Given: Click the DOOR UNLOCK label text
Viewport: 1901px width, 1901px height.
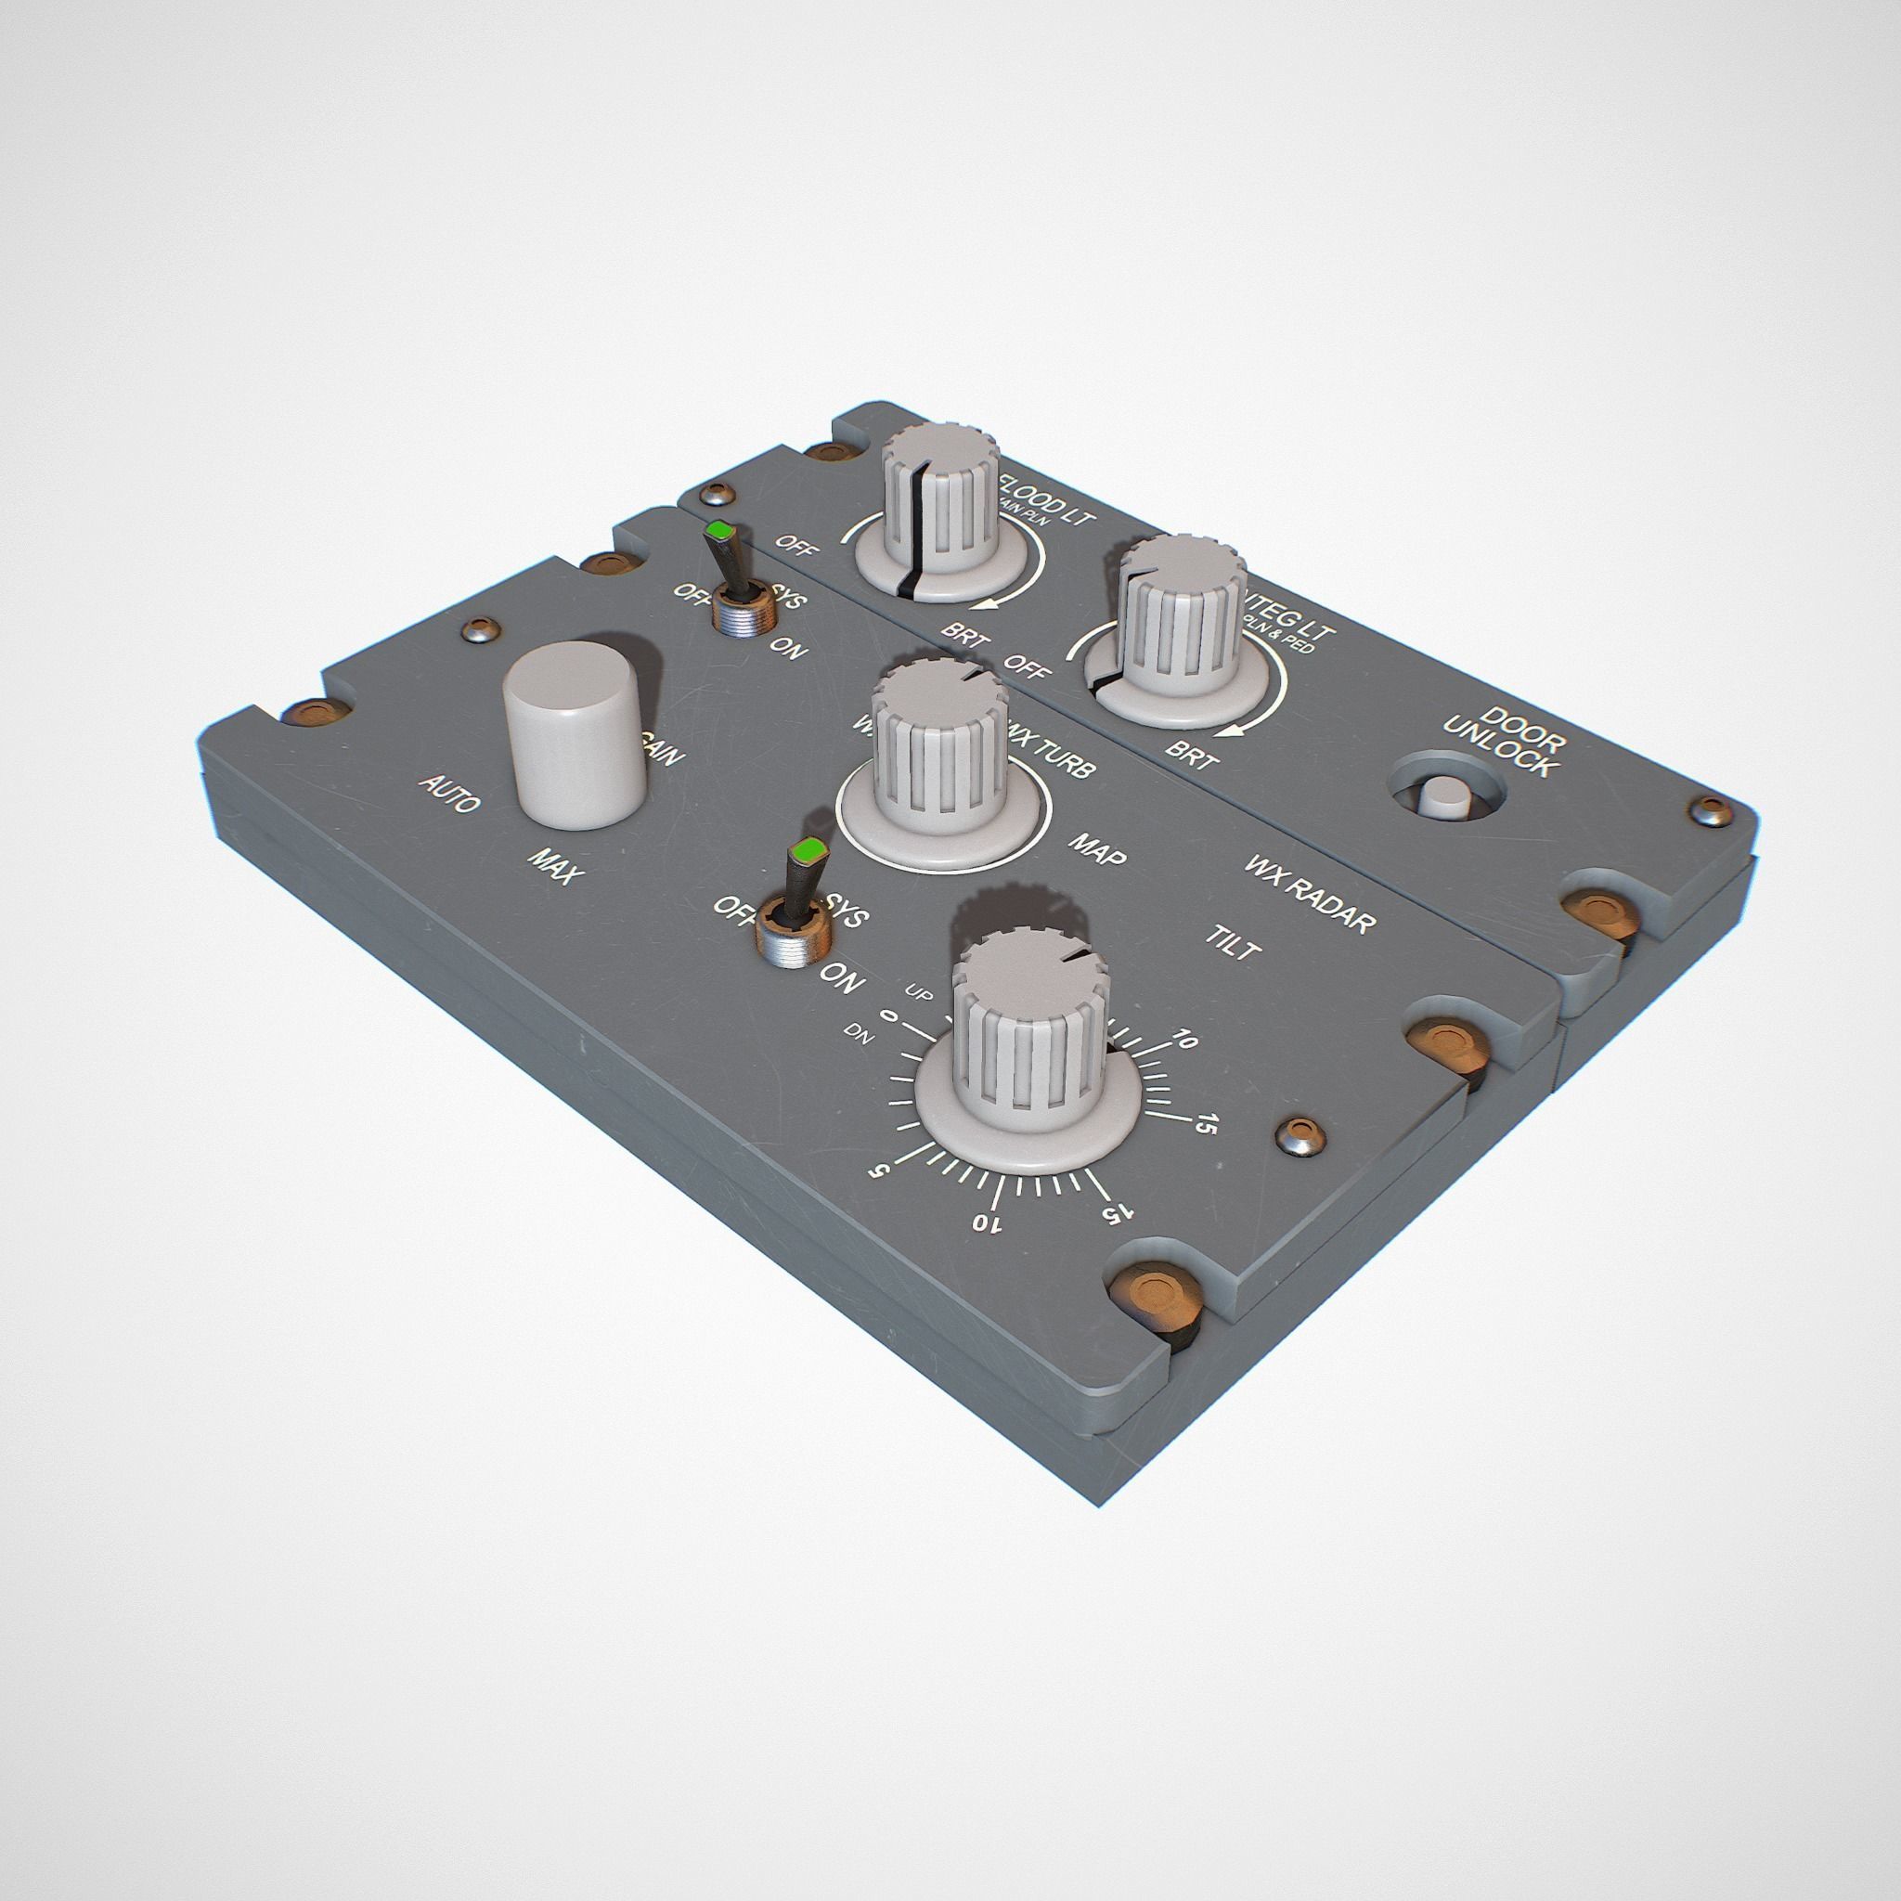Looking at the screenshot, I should point(1500,742).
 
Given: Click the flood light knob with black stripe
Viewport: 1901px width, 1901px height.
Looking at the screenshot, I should point(938,502).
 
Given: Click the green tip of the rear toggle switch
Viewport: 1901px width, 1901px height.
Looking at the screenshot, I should point(723,532).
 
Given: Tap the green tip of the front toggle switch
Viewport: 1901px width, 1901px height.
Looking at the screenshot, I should point(810,848).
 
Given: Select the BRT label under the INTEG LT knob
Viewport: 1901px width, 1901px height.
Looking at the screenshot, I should point(1193,756).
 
